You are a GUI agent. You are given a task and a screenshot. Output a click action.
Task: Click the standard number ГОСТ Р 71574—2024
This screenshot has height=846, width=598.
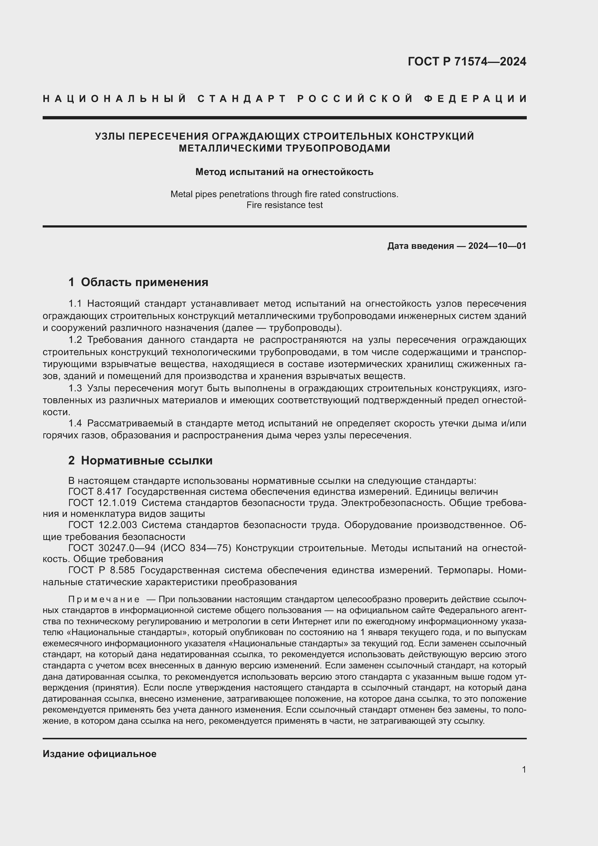click(x=466, y=61)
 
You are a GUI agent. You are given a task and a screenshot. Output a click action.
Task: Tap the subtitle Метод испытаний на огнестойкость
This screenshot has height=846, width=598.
click(x=284, y=172)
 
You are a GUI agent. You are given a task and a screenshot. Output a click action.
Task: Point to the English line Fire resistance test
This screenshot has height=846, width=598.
click(x=284, y=205)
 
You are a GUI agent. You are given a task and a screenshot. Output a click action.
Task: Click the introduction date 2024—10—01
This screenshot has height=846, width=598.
click(x=497, y=246)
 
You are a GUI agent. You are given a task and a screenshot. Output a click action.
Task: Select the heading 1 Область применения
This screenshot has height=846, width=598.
click(x=138, y=282)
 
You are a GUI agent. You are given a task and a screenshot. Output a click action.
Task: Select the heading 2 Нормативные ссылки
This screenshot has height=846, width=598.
click(x=140, y=460)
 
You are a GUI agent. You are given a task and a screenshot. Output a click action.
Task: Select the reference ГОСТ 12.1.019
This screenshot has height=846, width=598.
click(x=102, y=503)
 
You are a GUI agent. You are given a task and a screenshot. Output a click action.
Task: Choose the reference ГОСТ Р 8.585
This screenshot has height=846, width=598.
click(x=102, y=570)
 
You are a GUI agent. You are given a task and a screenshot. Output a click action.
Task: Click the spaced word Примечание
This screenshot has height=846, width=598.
click(x=104, y=599)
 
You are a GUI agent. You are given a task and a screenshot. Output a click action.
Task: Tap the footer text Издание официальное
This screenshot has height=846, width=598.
click(x=99, y=754)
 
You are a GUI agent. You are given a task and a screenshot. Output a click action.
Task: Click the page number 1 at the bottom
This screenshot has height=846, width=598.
click(x=524, y=769)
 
